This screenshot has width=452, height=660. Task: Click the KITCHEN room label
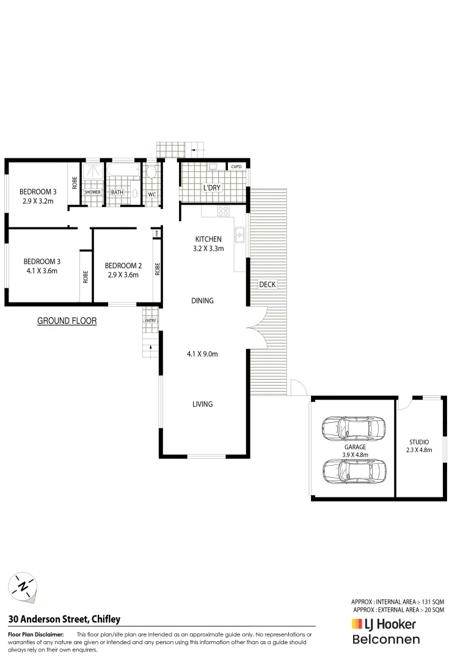(x=208, y=239)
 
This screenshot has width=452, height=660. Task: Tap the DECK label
(x=268, y=284)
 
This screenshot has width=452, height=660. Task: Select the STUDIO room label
(x=419, y=442)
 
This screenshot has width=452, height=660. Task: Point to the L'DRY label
(x=211, y=188)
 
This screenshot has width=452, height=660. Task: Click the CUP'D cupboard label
(x=236, y=167)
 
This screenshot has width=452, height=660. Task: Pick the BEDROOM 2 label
(x=123, y=266)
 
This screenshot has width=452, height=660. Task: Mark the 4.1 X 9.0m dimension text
(x=202, y=354)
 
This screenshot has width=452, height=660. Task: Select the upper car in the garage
(x=354, y=428)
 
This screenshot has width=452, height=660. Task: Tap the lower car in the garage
(x=354, y=469)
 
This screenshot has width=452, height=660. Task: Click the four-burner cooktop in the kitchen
(x=224, y=211)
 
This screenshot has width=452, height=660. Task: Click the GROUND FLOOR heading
(x=67, y=321)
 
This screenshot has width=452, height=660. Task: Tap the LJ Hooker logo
(x=384, y=625)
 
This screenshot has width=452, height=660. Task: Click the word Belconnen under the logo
(x=386, y=640)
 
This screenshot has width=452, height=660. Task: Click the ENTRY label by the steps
(x=150, y=320)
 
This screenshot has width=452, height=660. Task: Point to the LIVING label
(x=202, y=404)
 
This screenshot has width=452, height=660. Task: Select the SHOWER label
(x=92, y=193)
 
